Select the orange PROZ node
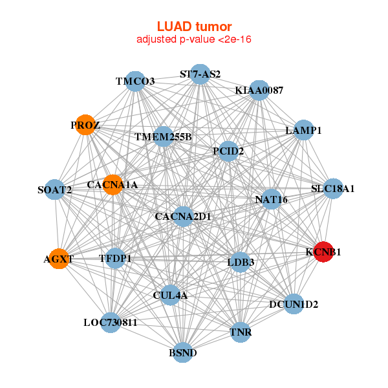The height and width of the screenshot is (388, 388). click(85, 125)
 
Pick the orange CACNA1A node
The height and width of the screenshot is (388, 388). click(113, 185)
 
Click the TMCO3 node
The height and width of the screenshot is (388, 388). click(135, 81)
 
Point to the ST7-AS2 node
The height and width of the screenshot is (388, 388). click(200, 74)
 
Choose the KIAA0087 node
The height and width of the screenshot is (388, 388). click(259, 90)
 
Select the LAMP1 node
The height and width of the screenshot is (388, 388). click(304, 130)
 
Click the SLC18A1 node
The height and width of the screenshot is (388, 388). click(332, 189)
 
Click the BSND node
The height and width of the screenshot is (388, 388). click(183, 353)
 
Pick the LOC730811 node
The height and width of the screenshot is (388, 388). click(110, 322)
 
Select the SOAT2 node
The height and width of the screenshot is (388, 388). click(54, 190)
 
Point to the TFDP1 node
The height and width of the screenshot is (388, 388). click(115, 259)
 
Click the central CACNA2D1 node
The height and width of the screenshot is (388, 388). click(184, 216)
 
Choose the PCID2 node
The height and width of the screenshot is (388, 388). click(228, 151)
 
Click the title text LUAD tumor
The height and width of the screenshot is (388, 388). click(194, 27)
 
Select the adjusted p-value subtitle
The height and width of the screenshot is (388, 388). click(194, 39)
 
